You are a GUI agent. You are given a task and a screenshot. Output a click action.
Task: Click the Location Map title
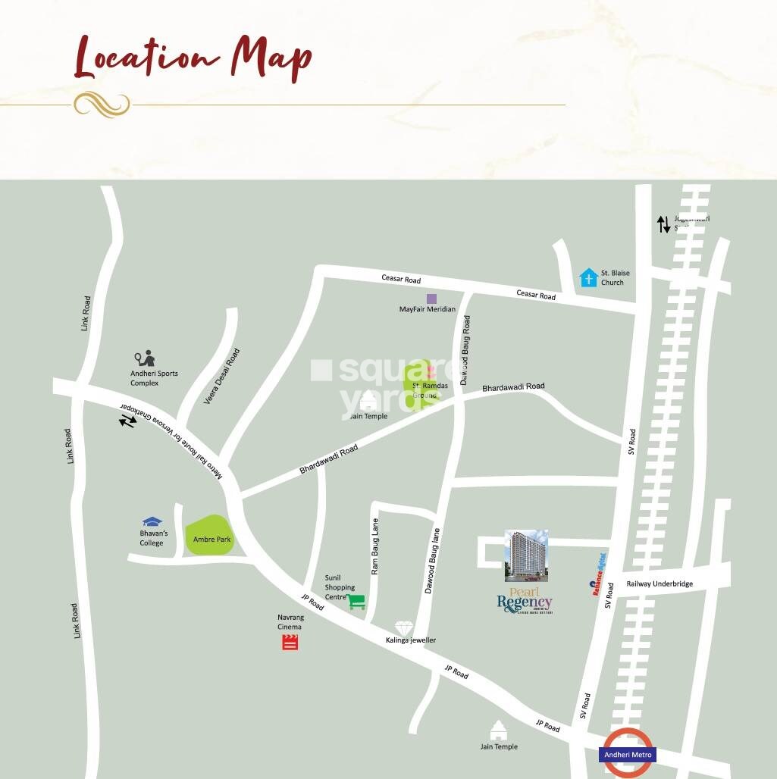click(193, 58)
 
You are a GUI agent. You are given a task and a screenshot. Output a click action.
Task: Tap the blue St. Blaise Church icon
click(589, 278)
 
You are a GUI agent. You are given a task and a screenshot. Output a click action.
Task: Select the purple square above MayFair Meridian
click(431, 299)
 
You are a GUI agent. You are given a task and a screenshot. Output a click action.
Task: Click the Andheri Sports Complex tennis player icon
click(145, 358)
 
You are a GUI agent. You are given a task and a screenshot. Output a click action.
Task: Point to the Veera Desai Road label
click(222, 376)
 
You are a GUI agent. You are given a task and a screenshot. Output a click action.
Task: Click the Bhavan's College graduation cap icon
click(152, 522)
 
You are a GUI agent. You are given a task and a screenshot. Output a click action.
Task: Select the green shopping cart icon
click(356, 602)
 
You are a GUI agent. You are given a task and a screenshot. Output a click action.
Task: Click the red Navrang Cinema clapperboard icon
click(290, 643)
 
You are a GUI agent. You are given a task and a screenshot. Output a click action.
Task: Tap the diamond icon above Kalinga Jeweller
click(403, 628)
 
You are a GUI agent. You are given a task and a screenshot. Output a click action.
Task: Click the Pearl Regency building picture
click(526, 555)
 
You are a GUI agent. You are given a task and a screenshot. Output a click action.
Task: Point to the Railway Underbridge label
click(660, 584)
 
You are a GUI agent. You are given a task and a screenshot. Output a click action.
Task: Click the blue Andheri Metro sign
click(628, 755)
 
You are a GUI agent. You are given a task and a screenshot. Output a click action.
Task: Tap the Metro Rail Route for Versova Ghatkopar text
click(170, 440)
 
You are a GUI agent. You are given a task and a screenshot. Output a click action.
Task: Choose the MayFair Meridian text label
click(428, 310)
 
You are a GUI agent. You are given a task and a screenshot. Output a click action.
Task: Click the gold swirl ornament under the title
click(102, 105)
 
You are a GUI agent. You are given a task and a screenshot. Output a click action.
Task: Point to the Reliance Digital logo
click(600, 574)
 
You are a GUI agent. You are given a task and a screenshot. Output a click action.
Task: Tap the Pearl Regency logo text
click(525, 599)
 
